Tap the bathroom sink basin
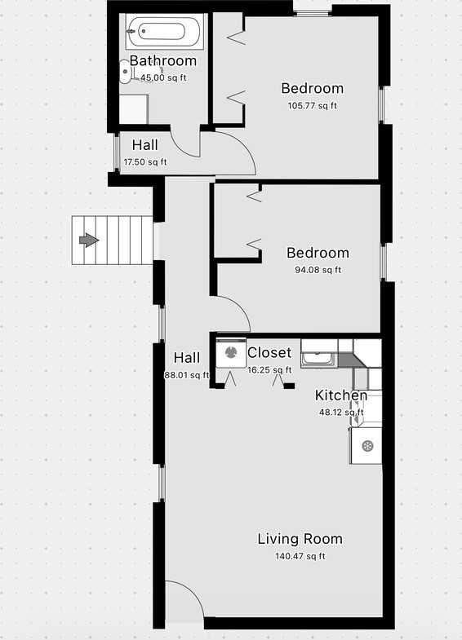click(x=125, y=72)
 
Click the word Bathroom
click(x=162, y=61)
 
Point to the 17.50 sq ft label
click(x=144, y=162)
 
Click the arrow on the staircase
click(x=88, y=240)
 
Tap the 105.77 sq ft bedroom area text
click(x=312, y=105)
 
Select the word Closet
click(x=269, y=353)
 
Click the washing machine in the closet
click(x=231, y=353)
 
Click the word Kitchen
click(x=341, y=396)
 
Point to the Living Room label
click(x=300, y=539)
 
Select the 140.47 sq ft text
click(x=300, y=557)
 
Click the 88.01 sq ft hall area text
click(x=187, y=375)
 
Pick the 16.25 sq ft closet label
click(x=269, y=370)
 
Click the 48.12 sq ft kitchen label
click(x=340, y=413)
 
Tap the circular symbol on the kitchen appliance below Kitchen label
click(x=367, y=446)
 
